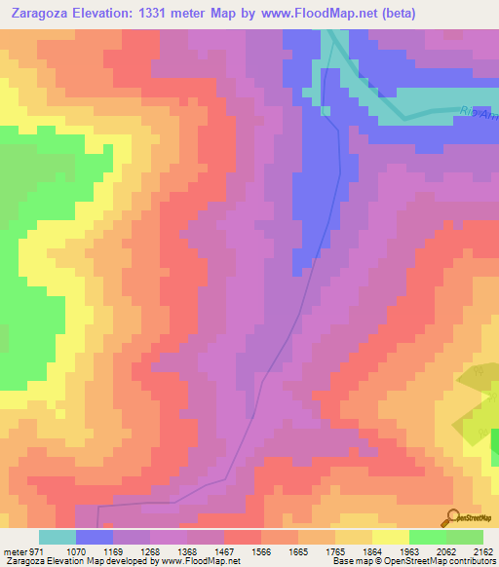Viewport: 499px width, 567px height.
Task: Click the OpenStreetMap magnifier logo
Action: [x=452, y=516]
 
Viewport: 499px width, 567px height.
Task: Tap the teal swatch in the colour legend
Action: [x=58, y=537]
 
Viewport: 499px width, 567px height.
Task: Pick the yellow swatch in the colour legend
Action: [x=391, y=537]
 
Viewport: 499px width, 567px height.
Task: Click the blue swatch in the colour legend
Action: [x=95, y=537]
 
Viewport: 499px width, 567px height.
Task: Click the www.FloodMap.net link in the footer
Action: [x=199, y=561]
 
